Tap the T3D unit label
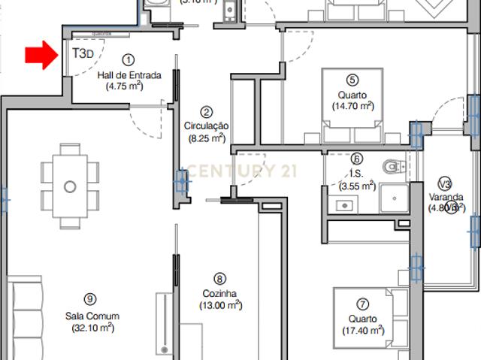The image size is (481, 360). (83, 54)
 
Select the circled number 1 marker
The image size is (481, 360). (128, 59)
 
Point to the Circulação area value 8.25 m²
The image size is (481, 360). (206, 138)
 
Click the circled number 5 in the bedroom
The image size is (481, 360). (352, 80)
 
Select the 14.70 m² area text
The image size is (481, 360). (352, 106)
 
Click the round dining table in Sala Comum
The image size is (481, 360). (70, 186)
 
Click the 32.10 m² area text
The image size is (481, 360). (92, 328)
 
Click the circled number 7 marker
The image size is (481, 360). (362, 304)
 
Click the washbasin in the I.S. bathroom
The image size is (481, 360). (345, 204)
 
